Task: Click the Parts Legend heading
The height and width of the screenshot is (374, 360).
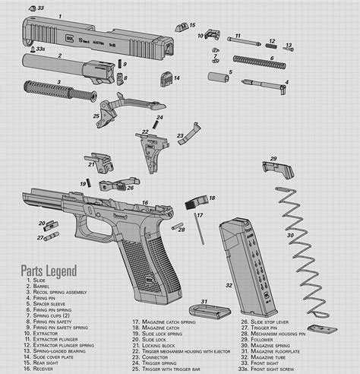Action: pyautogui.click(x=49, y=270)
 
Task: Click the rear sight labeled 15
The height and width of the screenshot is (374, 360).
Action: pyautogui.click(x=182, y=27)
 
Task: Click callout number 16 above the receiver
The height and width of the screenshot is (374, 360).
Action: pyautogui.click(x=145, y=203)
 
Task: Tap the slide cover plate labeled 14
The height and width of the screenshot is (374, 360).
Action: pyautogui.click(x=165, y=78)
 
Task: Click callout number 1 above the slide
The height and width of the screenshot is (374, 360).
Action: pyautogui.click(x=60, y=15)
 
